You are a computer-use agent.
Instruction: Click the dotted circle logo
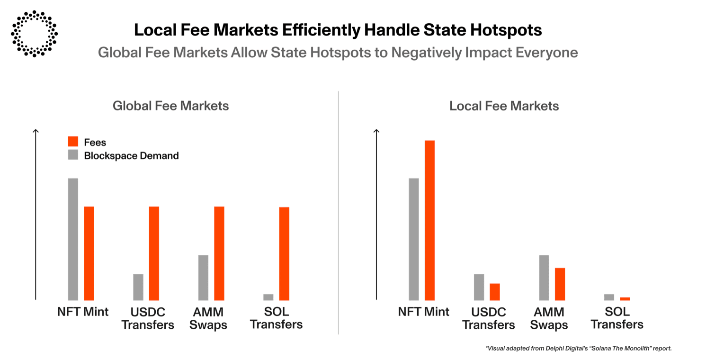click(34, 34)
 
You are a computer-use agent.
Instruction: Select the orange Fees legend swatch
click(73, 142)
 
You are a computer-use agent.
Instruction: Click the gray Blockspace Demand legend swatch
click(73, 155)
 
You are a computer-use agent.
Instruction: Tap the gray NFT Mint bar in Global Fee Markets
click(73, 239)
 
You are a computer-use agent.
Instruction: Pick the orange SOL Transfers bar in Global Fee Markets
click(284, 253)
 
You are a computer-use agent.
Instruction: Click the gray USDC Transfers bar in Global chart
click(138, 287)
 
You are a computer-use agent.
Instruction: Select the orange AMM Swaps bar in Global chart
click(219, 253)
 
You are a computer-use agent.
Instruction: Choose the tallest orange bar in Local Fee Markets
click(429, 220)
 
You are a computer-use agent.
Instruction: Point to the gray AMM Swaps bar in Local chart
click(544, 277)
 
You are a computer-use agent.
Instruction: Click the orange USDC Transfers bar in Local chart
click(495, 292)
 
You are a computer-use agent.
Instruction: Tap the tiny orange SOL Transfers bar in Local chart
click(625, 298)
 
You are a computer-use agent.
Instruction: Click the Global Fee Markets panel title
click(170, 106)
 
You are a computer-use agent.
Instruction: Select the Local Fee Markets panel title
click(504, 106)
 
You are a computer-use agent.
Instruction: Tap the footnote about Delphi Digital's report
click(579, 348)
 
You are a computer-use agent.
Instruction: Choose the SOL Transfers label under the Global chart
click(277, 318)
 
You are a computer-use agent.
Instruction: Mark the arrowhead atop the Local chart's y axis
click(377, 131)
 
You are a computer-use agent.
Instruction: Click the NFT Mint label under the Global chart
click(82, 312)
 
